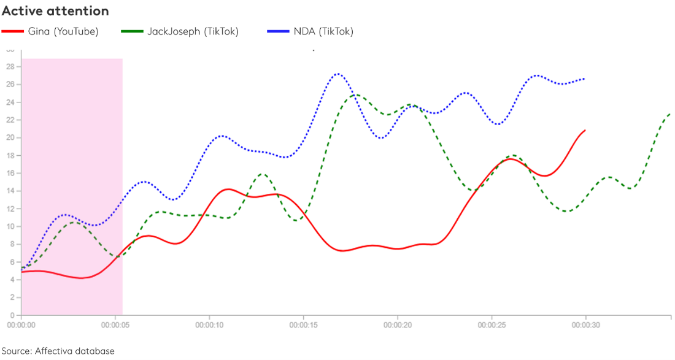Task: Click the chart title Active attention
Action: tap(56, 11)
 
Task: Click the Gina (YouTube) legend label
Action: tap(63, 31)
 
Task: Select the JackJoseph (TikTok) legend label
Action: tap(193, 31)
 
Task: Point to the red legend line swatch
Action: tap(13, 31)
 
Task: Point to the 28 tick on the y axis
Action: tap(10, 67)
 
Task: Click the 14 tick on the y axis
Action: tap(10, 191)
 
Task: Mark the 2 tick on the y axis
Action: tap(12, 297)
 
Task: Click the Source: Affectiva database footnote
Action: tap(58, 351)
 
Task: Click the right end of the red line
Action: tap(585, 130)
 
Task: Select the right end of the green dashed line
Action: tap(669, 114)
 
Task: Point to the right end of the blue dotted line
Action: tap(585, 79)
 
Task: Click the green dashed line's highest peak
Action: tap(355, 95)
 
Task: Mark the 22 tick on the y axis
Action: tap(10, 120)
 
